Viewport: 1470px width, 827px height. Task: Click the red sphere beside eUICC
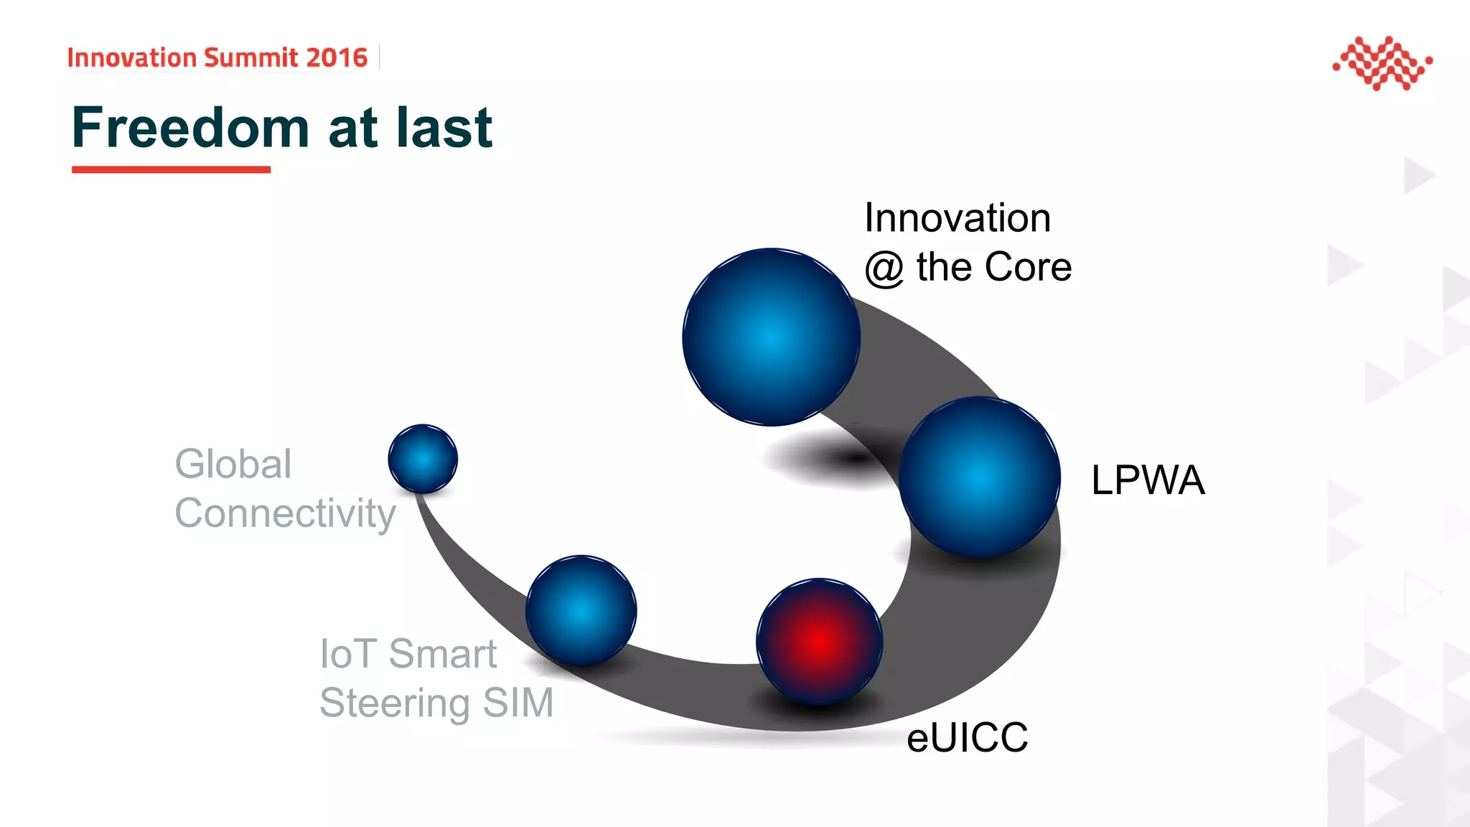pos(819,641)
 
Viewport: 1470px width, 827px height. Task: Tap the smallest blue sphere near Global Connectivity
pos(423,459)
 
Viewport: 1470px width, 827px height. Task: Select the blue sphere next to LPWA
pos(980,477)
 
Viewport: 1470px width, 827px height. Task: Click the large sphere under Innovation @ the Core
pos(771,337)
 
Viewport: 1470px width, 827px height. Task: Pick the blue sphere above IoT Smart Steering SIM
pos(581,610)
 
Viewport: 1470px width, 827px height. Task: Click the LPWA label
pos(1147,480)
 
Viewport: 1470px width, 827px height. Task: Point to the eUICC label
pos(967,737)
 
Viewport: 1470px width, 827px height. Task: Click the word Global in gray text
pos(233,464)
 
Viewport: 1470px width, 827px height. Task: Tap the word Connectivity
pos(285,513)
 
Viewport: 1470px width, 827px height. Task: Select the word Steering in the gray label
pos(394,703)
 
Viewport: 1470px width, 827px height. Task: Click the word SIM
pos(518,703)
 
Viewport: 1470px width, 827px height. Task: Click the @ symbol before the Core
pos(884,268)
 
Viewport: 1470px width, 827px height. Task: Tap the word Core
pos(1029,267)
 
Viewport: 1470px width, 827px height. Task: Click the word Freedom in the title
pos(190,128)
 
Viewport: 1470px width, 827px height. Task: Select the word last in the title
pos(444,128)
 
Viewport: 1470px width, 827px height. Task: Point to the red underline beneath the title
pos(171,169)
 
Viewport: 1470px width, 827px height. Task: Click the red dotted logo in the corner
pos(1382,63)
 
